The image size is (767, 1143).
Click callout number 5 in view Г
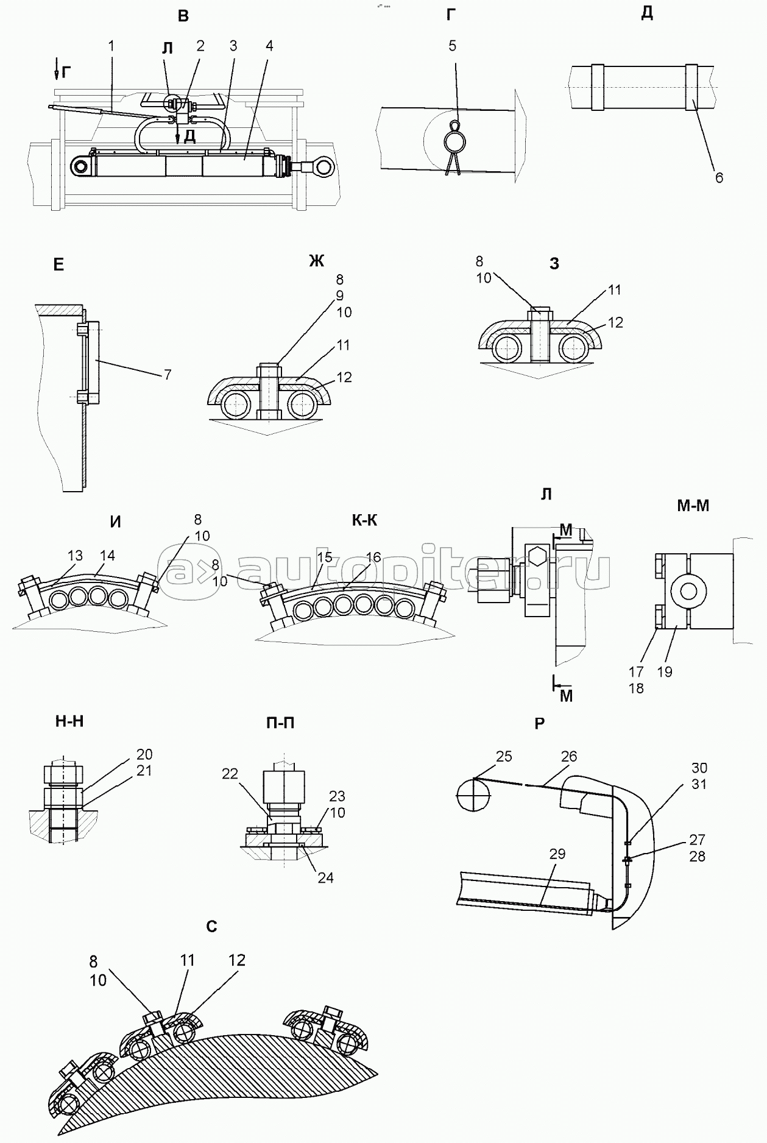tap(452, 46)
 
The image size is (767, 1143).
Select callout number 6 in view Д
tap(719, 178)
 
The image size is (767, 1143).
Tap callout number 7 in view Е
tap(168, 374)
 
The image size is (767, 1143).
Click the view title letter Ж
tap(316, 261)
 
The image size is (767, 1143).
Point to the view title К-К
tap(364, 520)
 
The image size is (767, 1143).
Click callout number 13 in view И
tap(75, 556)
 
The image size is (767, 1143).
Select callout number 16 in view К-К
tap(373, 557)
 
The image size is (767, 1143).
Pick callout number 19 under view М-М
tap(665, 671)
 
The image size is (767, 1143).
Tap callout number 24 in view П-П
tap(325, 878)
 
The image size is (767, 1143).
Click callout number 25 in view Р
tap(504, 756)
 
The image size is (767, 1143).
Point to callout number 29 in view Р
tap(557, 854)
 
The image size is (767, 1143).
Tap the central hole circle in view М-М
tap(689, 590)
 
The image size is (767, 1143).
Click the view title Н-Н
tap(69, 721)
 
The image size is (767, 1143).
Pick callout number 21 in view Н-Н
tap(144, 771)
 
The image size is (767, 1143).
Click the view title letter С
tap(211, 927)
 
